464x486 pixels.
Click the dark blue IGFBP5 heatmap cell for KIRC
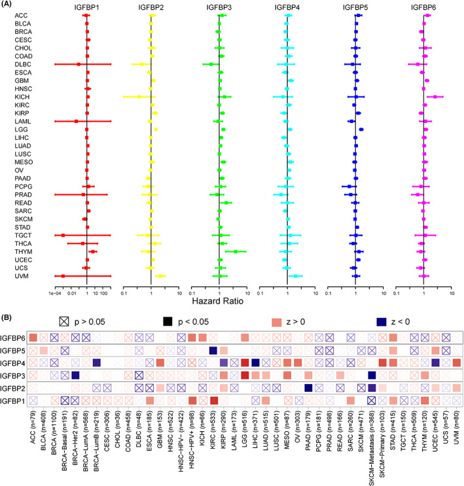213,351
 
